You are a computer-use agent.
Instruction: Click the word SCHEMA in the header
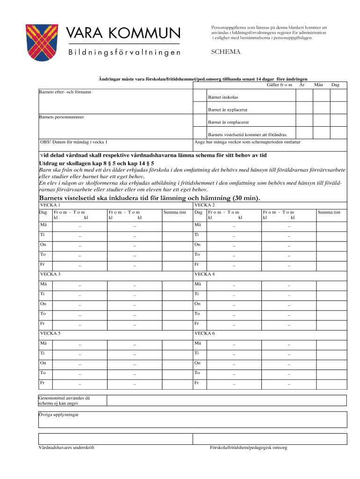coord(225,52)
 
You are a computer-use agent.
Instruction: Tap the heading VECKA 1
coord(50,205)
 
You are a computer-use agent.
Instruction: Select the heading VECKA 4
coord(204,274)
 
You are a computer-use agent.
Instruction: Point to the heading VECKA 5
coord(50,333)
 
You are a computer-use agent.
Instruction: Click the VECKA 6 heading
coord(204,333)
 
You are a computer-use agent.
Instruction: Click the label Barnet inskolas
coord(223,97)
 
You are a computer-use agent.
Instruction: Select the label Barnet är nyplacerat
coord(228,110)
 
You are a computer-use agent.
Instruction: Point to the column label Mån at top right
coord(319,85)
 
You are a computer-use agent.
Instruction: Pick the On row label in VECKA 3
coord(43,304)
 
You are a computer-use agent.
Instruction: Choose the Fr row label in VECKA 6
coord(197,383)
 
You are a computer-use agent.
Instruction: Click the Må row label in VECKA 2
coord(198,225)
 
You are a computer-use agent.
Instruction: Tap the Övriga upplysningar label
coord(58,415)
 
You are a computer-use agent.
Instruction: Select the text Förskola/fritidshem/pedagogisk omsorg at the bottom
coord(248,448)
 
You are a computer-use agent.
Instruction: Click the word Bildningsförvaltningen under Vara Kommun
coord(124,52)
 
